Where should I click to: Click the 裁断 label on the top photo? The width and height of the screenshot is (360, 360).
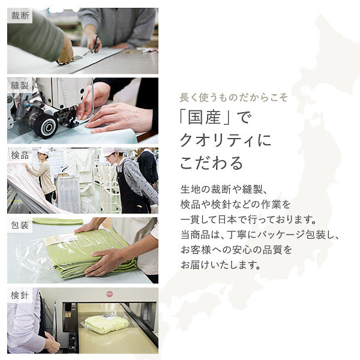point(20,16)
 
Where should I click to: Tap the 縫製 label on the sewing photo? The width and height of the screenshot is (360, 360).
point(20,85)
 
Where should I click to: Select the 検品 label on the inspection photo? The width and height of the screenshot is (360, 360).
point(20,155)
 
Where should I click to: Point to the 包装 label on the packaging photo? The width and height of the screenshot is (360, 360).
point(20,226)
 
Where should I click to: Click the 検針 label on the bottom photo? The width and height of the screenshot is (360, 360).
point(20,295)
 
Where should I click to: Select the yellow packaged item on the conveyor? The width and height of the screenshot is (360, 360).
point(107,323)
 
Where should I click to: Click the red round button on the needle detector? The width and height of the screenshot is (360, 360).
point(110,294)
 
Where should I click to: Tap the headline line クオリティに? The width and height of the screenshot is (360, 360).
point(226,140)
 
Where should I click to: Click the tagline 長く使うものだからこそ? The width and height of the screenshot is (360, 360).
point(234,97)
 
